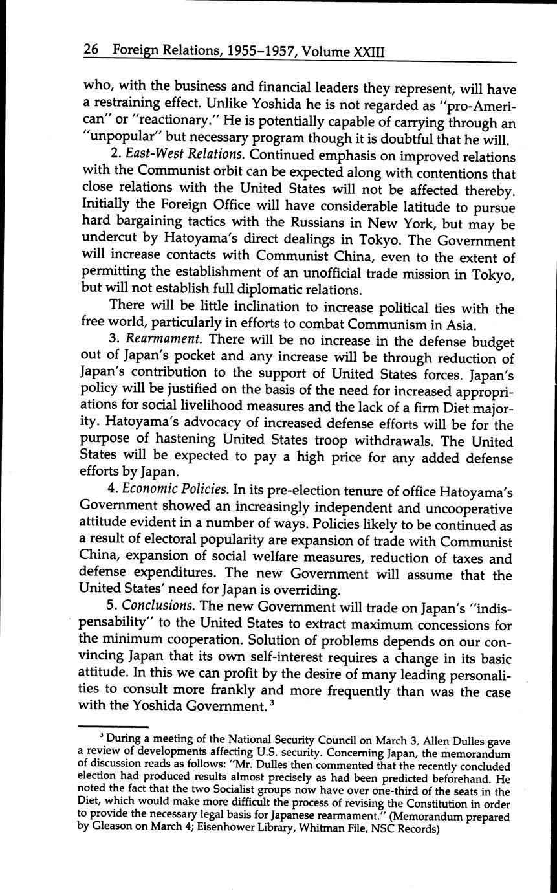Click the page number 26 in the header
pos(91,50)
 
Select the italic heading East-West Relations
pos(184,156)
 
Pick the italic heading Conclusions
pos(159,606)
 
